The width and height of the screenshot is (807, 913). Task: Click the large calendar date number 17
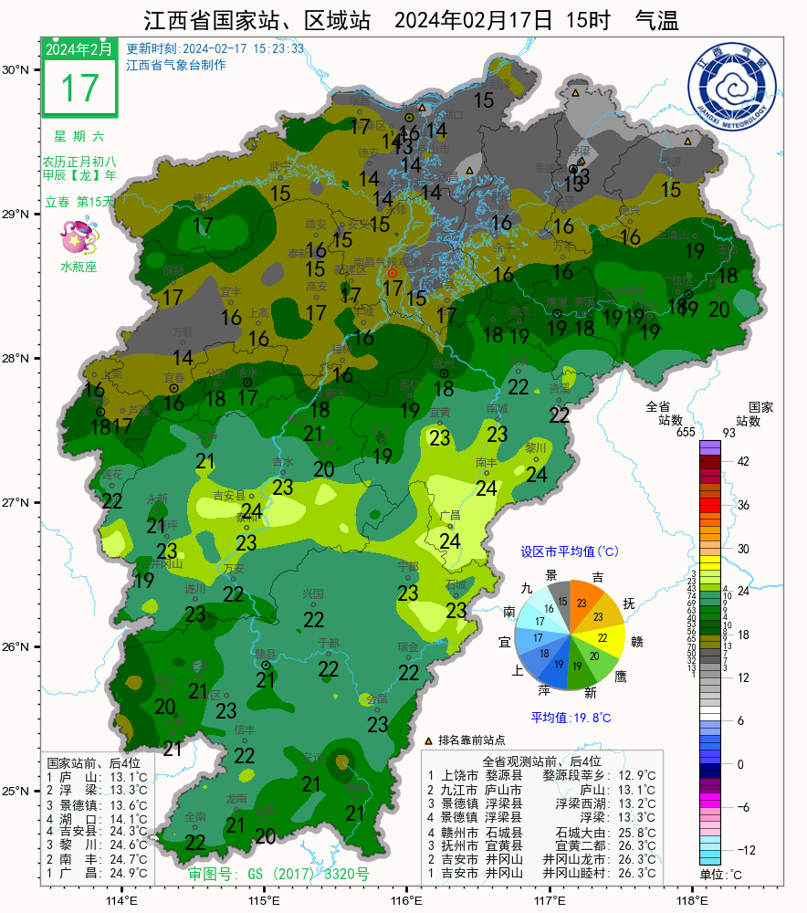pyautogui.click(x=79, y=89)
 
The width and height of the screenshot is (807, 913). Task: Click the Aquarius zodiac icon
pyautogui.click(x=79, y=238)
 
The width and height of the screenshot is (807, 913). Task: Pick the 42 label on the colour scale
pyautogui.click(x=743, y=462)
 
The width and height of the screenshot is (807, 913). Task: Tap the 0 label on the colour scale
pyautogui.click(x=740, y=763)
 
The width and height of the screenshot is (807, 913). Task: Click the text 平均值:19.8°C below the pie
pyautogui.click(x=571, y=718)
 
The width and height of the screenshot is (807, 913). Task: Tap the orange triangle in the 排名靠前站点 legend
pyautogui.click(x=429, y=740)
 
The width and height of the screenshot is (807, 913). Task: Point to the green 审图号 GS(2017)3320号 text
pyautogui.click(x=278, y=874)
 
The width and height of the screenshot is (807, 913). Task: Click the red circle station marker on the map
pyautogui.click(x=393, y=273)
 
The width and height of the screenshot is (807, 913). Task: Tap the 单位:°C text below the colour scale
pyautogui.click(x=720, y=875)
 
